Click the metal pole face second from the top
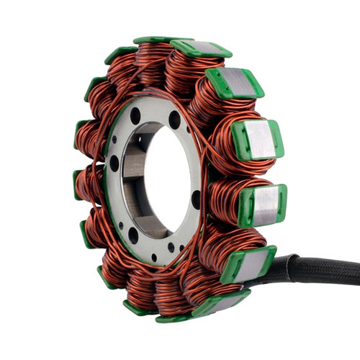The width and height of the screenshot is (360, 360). [x=235, y=84]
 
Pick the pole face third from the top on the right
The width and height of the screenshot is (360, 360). [x=257, y=139]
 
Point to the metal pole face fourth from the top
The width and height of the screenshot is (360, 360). [x=263, y=204]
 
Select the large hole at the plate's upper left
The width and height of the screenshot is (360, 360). [x=135, y=115]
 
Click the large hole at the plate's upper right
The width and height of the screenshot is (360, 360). [x=174, y=120]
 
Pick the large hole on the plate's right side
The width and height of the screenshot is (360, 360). [x=196, y=199]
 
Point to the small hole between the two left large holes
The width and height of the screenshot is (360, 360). [x=115, y=202]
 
